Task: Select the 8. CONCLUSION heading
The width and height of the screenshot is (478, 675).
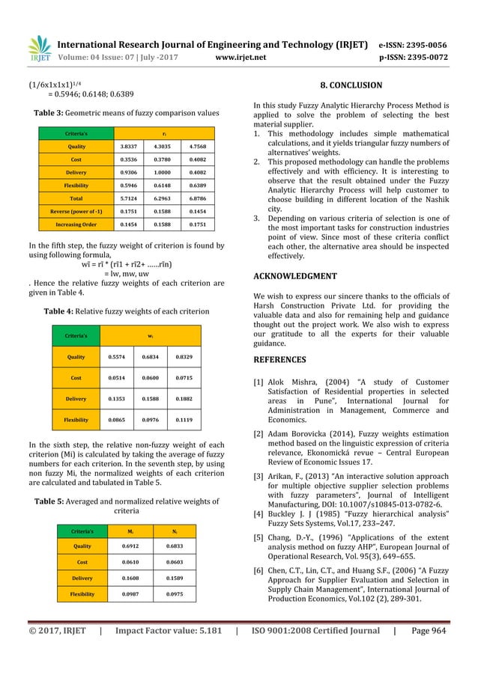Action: pyautogui.click(x=351, y=85)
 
